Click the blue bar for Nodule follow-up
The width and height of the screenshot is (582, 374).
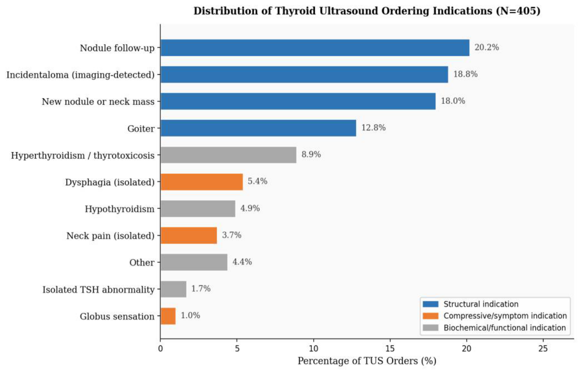coord(315,48)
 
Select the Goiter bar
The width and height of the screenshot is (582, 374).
coord(258,128)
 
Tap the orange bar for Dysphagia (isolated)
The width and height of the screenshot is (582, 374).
coord(202,182)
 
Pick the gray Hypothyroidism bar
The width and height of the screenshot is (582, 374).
coord(198,209)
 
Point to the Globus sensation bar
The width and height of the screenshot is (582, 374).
coord(168,316)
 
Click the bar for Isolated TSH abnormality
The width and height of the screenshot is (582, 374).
coord(173,289)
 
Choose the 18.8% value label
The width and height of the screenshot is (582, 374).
coord(465,74)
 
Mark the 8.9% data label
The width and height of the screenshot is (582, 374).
coord(311,154)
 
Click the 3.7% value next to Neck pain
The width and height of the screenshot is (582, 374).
coord(231,235)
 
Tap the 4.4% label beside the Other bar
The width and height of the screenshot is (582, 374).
coord(242,262)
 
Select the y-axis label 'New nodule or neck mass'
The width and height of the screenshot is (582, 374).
coord(98,102)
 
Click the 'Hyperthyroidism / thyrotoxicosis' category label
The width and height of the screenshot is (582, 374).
coord(83,156)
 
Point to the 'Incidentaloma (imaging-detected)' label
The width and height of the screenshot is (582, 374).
coord(80,75)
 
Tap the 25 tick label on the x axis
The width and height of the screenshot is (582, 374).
coord(543,349)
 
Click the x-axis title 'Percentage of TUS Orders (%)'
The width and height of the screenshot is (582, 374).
coord(367,361)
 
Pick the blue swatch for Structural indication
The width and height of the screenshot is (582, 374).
coord(430,304)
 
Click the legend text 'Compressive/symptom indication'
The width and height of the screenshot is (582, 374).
coord(505,316)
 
